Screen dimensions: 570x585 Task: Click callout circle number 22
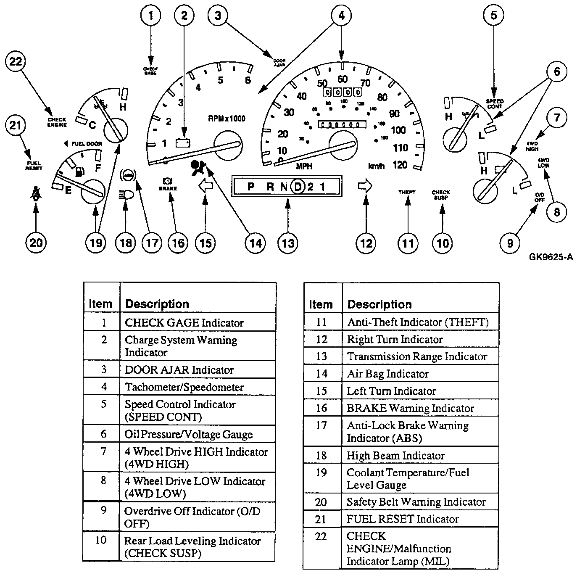(16, 61)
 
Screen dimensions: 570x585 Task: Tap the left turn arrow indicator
(206, 186)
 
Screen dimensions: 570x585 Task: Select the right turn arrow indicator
(365, 185)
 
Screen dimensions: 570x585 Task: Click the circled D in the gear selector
(298, 186)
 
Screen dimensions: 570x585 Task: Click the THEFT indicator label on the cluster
(407, 192)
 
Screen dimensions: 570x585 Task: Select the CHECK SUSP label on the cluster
(441, 195)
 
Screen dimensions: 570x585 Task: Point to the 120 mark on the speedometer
(400, 165)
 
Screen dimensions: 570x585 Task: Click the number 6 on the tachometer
(248, 80)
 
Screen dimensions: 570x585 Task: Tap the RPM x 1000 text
(227, 119)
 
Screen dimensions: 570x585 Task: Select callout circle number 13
(288, 243)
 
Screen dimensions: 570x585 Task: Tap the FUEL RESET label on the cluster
(34, 166)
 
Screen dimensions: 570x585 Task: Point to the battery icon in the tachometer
(183, 142)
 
